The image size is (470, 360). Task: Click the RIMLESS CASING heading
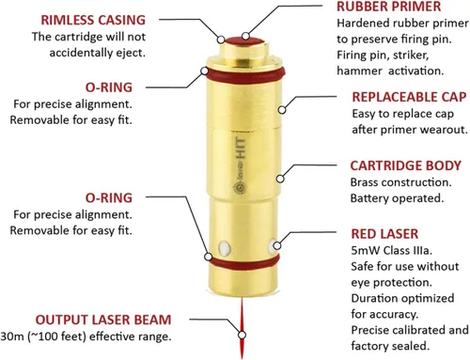(93, 20)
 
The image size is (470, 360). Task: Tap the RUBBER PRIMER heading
(389, 7)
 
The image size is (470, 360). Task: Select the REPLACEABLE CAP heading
(409, 97)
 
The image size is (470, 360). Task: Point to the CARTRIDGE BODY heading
(406, 165)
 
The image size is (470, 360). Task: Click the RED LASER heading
(384, 234)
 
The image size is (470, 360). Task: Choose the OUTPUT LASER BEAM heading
(103, 320)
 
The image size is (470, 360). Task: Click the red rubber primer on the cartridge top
(243, 41)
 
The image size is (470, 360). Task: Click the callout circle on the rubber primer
(246, 36)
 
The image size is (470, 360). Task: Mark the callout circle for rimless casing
(221, 39)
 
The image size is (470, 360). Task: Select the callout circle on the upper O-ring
(204, 71)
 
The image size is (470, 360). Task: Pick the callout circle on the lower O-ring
(208, 257)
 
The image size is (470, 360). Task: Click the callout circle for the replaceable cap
(282, 110)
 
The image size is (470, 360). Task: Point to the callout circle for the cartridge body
(280, 179)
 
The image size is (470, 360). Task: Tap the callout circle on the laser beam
(242, 335)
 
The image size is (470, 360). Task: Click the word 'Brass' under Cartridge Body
(364, 182)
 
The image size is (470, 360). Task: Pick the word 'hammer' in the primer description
(359, 70)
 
